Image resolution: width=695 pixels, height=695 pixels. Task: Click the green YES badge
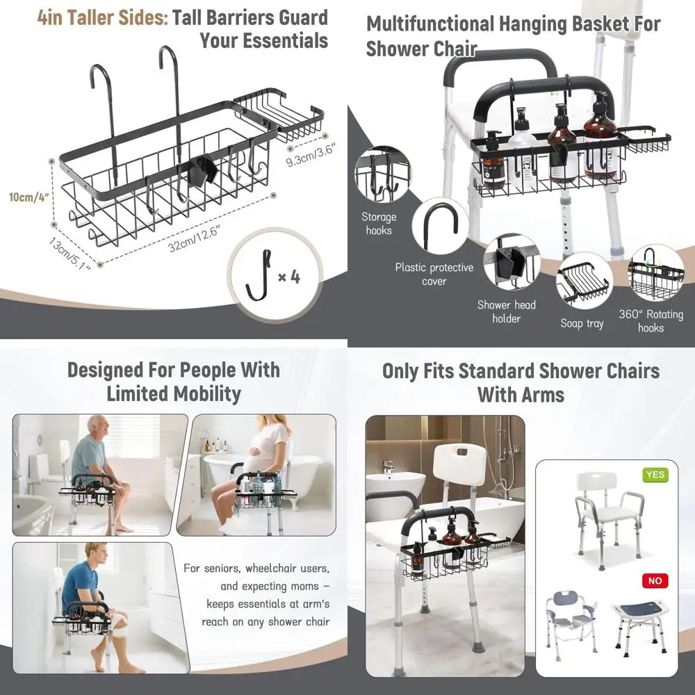(x=655, y=475)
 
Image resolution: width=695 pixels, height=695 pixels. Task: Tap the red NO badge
(x=655, y=580)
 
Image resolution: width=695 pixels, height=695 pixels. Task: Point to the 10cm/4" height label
(x=26, y=196)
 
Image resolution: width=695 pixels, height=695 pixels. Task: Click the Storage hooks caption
(x=379, y=224)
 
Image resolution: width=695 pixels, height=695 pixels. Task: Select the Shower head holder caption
(x=506, y=311)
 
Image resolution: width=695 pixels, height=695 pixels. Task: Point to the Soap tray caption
(x=582, y=323)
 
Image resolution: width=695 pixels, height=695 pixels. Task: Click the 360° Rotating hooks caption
(x=651, y=321)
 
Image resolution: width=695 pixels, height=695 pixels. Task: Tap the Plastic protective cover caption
(x=434, y=274)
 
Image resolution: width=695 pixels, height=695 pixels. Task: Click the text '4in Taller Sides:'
(x=102, y=17)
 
